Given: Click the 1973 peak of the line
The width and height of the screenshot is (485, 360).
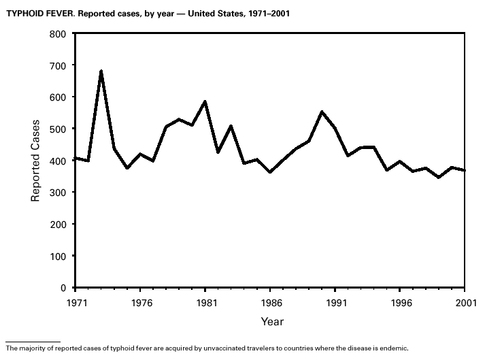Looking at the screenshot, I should click(101, 71).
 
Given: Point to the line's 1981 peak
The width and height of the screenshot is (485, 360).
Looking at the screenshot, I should click(205, 101).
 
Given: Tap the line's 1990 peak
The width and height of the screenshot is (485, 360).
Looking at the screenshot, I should click(322, 112).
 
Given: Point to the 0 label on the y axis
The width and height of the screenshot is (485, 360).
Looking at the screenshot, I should click(62, 288).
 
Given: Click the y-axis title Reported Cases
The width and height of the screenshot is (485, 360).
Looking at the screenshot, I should click(35, 161).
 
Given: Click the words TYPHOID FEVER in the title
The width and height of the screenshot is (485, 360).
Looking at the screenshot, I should click(34, 13).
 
